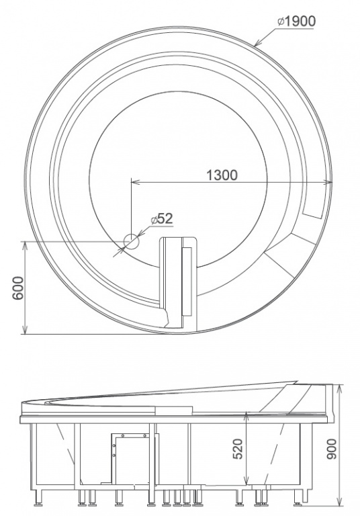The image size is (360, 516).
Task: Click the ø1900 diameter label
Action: [296, 21]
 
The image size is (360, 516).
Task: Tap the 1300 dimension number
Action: [222, 175]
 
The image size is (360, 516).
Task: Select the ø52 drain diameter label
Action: [162, 218]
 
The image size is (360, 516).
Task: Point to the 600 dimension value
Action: [18, 288]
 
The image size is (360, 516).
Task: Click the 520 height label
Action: [238, 449]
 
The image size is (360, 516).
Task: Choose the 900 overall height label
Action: [332, 449]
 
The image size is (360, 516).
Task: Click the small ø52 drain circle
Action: [131, 242]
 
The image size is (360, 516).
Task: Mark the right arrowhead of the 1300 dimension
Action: [328, 181]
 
